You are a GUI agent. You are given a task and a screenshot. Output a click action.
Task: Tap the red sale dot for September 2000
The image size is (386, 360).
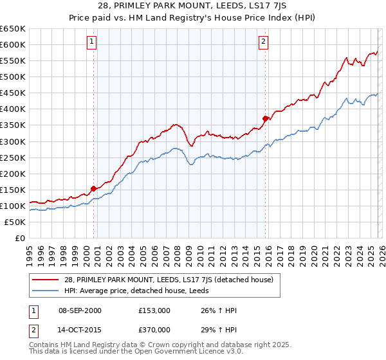pyautogui.click(x=94, y=188)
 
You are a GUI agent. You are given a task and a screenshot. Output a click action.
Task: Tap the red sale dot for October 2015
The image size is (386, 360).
pyautogui.click(x=265, y=118)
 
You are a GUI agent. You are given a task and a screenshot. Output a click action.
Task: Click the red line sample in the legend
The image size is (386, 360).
pyautogui.click(x=46, y=279)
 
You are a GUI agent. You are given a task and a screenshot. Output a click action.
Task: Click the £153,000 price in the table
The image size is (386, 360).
pyautogui.click(x=154, y=310)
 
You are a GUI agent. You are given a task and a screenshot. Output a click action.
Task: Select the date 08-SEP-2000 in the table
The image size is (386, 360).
pyautogui.click(x=80, y=310)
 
